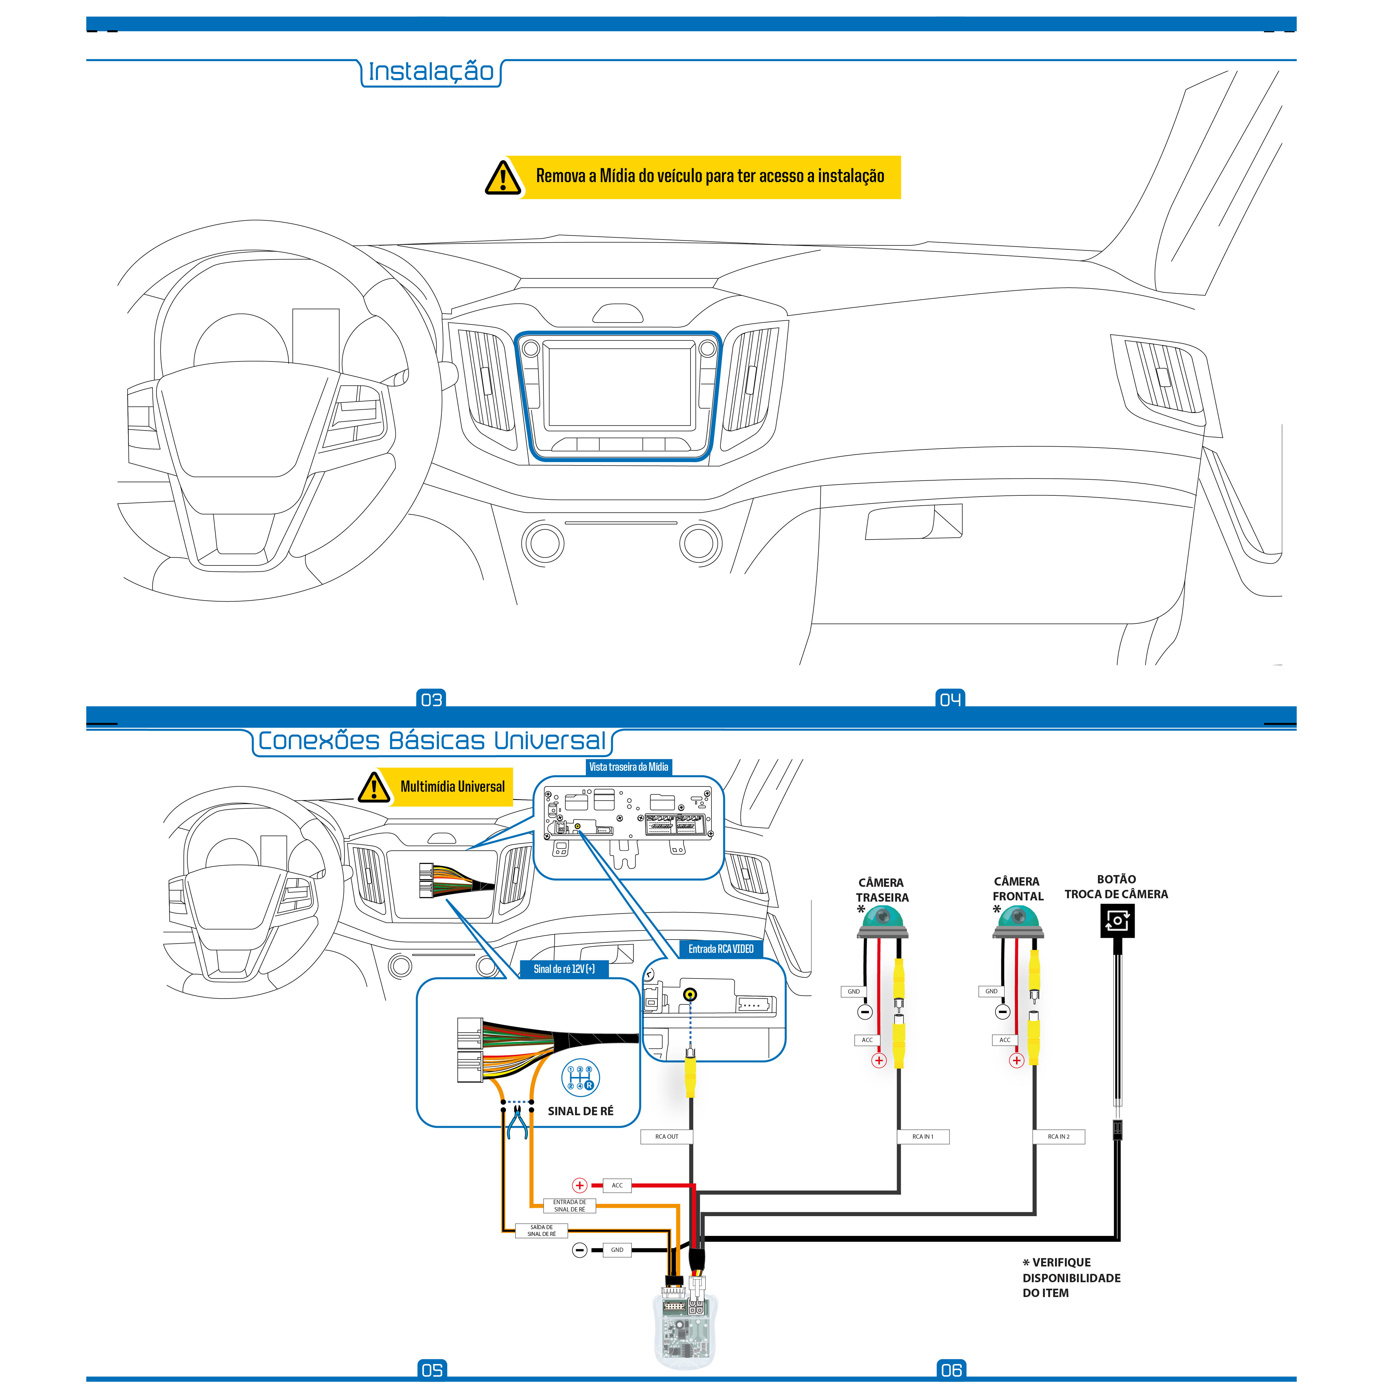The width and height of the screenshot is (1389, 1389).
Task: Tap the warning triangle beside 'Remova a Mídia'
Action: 503,177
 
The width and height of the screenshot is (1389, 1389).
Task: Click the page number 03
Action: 432,699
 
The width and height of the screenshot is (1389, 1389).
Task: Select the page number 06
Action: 951,1370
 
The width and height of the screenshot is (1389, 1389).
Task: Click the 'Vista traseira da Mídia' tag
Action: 628,767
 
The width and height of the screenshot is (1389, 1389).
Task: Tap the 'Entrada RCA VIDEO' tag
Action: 720,949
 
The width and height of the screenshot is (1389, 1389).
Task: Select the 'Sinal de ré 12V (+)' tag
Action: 564,969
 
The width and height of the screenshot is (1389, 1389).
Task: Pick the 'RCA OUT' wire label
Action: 666,1137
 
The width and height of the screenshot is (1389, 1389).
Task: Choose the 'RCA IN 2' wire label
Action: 1058,1137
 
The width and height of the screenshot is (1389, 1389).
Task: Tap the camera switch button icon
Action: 1117,920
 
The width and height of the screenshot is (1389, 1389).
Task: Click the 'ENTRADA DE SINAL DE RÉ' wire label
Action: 569,1206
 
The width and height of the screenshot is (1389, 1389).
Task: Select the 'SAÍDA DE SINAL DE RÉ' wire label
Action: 541,1231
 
